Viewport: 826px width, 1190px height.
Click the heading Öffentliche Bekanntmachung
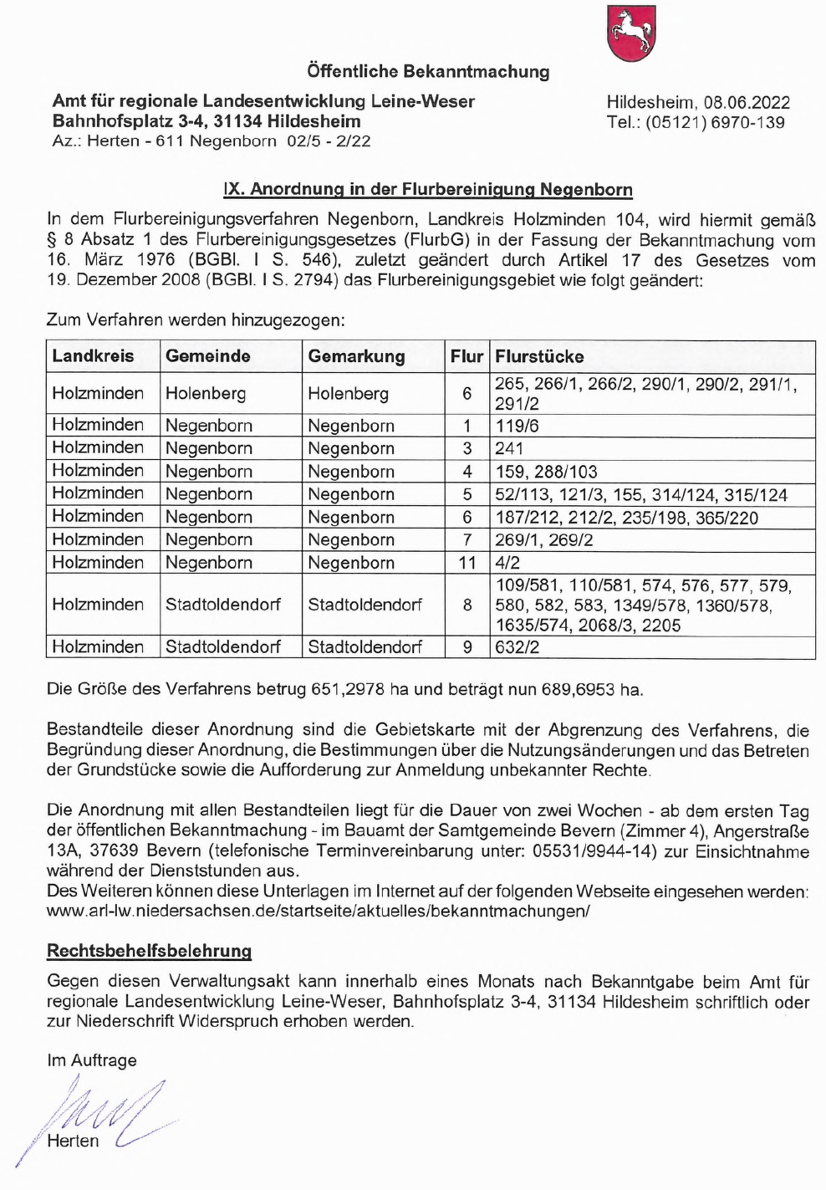(428, 72)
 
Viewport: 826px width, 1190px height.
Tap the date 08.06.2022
(747, 103)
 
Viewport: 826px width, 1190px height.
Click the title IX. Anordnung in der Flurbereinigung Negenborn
(427, 190)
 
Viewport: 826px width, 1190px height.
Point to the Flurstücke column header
(539, 357)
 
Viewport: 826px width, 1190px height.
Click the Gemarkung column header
(356, 357)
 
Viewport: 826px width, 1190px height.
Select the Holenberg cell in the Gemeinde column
(206, 393)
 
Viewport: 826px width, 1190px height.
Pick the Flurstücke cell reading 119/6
(517, 426)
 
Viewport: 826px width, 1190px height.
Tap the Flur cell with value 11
(467, 563)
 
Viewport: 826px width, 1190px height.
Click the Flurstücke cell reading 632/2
(517, 647)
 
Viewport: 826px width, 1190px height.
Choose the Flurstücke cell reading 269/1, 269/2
(543, 540)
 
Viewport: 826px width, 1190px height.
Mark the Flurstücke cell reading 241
(508, 448)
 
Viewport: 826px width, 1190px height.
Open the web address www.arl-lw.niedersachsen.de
(318, 912)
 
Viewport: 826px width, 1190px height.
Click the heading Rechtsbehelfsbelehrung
(149, 951)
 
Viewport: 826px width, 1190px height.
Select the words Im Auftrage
(92, 1060)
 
